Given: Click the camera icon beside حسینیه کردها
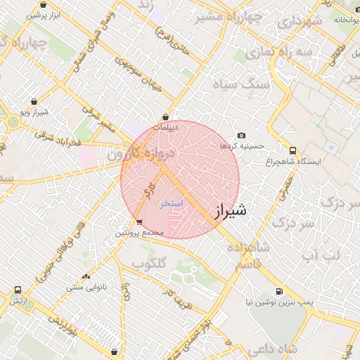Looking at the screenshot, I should (x=242, y=135).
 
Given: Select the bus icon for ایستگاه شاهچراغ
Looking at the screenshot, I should (x=293, y=150).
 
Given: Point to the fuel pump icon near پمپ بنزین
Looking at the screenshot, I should (x=280, y=292).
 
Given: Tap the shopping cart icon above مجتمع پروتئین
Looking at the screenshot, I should (x=139, y=223).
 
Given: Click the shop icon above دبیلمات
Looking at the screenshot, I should (x=166, y=117).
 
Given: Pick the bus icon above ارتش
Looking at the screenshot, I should (x=18, y=290).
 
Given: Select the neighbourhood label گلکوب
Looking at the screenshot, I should (x=149, y=264).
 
